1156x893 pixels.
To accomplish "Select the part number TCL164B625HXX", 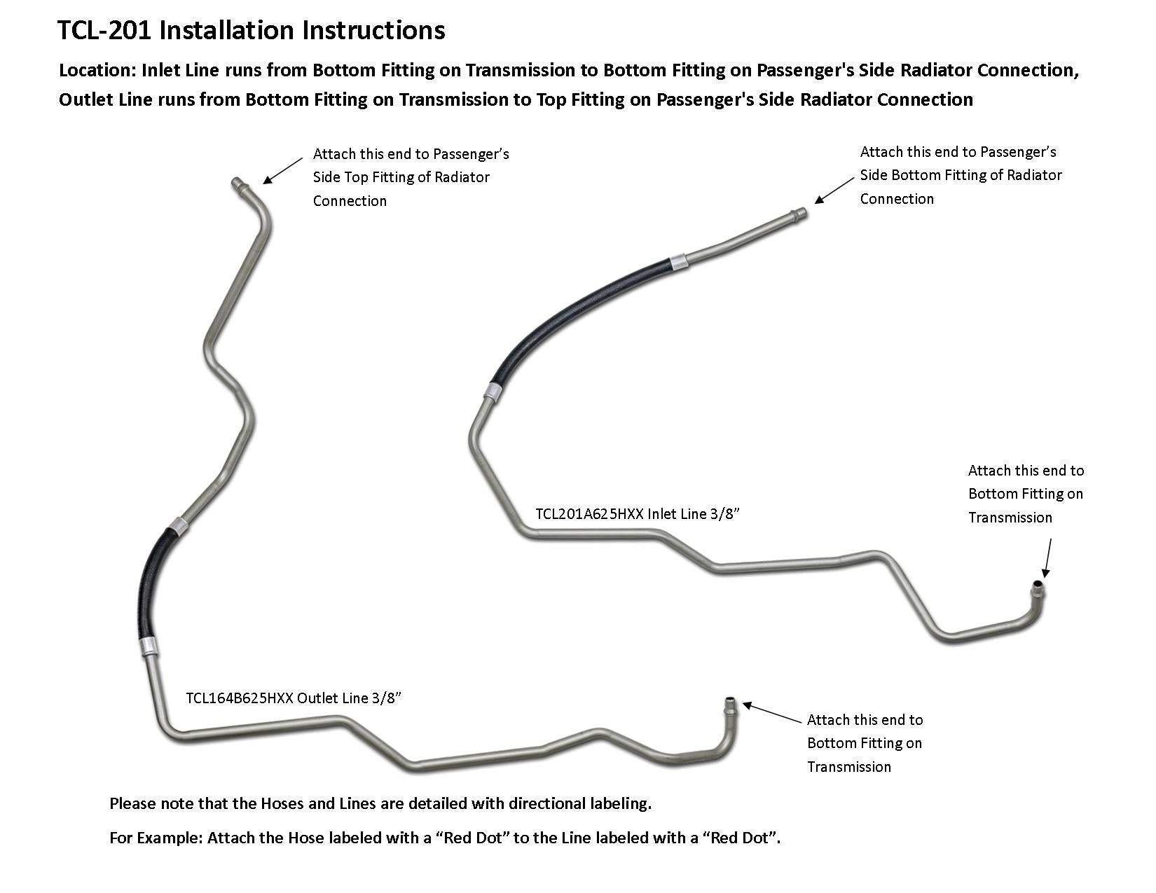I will [x=239, y=698].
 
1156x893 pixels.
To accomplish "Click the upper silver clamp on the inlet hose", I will [x=678, y=262].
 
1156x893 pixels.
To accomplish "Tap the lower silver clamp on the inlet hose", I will [x=493, y=393].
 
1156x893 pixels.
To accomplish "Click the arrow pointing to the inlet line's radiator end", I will [x=834, y=190].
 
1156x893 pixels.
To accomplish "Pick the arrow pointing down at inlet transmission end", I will [x=1047, y=558].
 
